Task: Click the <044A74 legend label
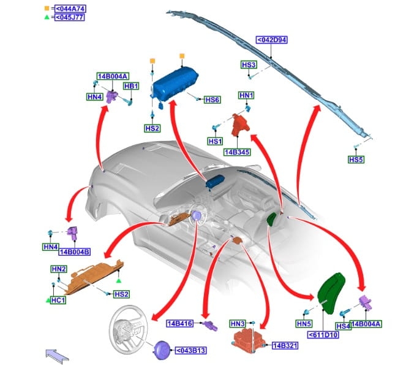pyautogui.click(x=70, y=9)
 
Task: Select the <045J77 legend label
pyautogui.click(x=70, y=17)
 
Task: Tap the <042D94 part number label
pyautogui.click(x=272, y=40)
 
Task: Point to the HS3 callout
pyautogui.click(x=249, y=64)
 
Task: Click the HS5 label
pyautogui.click(x=356, y=159)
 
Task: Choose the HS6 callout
pyautogui.click(x=211, y=100)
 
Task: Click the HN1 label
pyautogui.click(x=246, y=95)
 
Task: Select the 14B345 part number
pyautogui.click(x=239, y=150)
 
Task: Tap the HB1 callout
pyautogui.click(x=132, y=86)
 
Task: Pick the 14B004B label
pyautogui.click(x=74, y=252)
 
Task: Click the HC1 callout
pyautogui.click(x=59, y=301)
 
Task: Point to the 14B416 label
pyautogui.click(x=180, y=323)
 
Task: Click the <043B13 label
pyautogui.click(x=192, y=351)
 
